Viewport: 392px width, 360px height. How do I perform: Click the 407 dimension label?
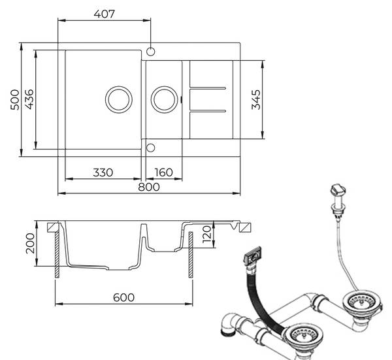tap(105, 14)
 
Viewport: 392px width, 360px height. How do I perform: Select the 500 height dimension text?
tap(15, 99)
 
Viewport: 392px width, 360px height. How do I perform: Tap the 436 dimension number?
tap(29, 99)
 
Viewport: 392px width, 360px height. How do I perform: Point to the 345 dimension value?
tap(255, 100)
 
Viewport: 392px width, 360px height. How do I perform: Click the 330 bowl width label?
tap(103, 172)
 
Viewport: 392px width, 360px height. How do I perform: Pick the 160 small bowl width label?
tap(163, 172)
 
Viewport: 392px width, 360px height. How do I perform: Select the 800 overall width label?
tap(149, 187)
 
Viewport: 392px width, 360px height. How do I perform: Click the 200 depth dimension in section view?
tap(30, 243)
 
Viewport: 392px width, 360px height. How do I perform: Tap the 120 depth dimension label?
tap(207, 235)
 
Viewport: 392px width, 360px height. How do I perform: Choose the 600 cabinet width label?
tap(123, 297)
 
